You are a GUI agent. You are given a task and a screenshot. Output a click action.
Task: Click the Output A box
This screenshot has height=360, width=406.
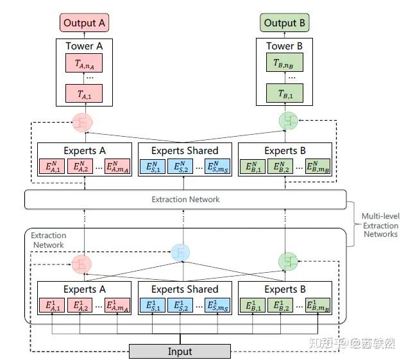point(84,23)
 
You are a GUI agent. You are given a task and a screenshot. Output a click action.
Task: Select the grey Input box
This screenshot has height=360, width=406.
point(180,351)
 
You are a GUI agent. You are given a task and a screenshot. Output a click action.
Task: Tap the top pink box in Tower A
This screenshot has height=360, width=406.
point(84,64)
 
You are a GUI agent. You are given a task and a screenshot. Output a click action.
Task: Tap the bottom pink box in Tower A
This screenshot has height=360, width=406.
point(84,94)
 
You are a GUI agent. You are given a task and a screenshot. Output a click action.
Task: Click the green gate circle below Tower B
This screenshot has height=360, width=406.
point(288,121)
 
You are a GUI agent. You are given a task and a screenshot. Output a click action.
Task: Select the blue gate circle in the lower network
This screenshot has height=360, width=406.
point(180,252)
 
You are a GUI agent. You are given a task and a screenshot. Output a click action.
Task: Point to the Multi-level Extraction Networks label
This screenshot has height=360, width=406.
point(380,225)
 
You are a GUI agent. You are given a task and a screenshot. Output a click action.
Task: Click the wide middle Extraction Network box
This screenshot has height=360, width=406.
point(185,200)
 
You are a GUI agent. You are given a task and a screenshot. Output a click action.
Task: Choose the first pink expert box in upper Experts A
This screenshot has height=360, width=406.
point(53,167)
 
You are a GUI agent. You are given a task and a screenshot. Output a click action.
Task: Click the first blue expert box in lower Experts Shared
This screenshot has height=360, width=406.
point(154,305)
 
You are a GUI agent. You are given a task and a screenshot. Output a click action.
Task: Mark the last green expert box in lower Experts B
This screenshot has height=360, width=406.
point(319,305)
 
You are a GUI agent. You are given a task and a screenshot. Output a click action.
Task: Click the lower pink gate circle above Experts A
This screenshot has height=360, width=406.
point(81,262)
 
